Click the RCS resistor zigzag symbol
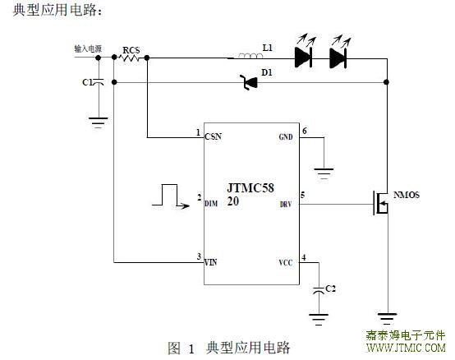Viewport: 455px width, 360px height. point(129,58)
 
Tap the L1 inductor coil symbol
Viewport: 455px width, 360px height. point(249,56)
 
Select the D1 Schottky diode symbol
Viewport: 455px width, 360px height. point(249,82)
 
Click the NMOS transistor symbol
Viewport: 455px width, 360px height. point(380,203)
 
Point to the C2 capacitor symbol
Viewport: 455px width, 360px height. point(319,291)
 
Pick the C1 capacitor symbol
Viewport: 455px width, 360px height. point(99,82)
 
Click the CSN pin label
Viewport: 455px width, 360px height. point(214,136)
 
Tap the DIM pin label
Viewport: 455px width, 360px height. point(211,204)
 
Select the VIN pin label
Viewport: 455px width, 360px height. point(211,262)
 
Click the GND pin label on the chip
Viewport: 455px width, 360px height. point(286,137)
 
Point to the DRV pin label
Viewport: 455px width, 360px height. point(286,205)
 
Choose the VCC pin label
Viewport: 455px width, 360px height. point(286,263)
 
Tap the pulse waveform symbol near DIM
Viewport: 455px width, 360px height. point(171,196)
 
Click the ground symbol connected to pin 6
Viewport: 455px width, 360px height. point(324,173)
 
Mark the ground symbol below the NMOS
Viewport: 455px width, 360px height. point(387,319)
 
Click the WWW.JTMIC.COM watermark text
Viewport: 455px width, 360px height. point(406,348)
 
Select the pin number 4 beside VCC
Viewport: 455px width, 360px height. point(304,257)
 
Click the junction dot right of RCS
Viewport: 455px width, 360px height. point(147,58)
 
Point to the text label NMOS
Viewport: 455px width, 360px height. point(407,195)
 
